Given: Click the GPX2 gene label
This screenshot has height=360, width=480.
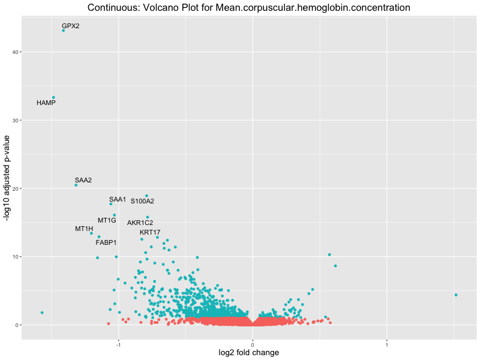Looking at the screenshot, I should point(71,26).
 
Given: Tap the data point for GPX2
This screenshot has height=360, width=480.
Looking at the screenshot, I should point(63,30).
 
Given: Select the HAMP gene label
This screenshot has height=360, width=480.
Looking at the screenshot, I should point(46,103).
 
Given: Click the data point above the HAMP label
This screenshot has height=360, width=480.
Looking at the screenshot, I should point(53,97).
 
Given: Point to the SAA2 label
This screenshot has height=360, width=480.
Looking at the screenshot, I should point(83,180).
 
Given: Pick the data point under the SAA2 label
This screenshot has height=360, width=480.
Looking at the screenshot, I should point(76,185).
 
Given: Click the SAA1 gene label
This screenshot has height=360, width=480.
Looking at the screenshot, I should point(118,199).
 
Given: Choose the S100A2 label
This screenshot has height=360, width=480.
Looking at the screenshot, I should point(142,201).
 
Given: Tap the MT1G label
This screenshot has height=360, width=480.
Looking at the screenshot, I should point(107,220).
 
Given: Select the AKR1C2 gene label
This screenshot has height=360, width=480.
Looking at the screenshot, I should point(140,223).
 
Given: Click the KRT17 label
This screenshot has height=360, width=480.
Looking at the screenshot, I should point(150,232).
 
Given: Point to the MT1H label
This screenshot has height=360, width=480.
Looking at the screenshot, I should point(84,229).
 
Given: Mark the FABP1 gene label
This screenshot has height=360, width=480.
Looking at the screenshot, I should point(106,242).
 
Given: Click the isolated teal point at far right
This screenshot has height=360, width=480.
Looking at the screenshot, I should point(456,295).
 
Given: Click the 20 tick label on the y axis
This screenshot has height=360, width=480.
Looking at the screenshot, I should point(15,188).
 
